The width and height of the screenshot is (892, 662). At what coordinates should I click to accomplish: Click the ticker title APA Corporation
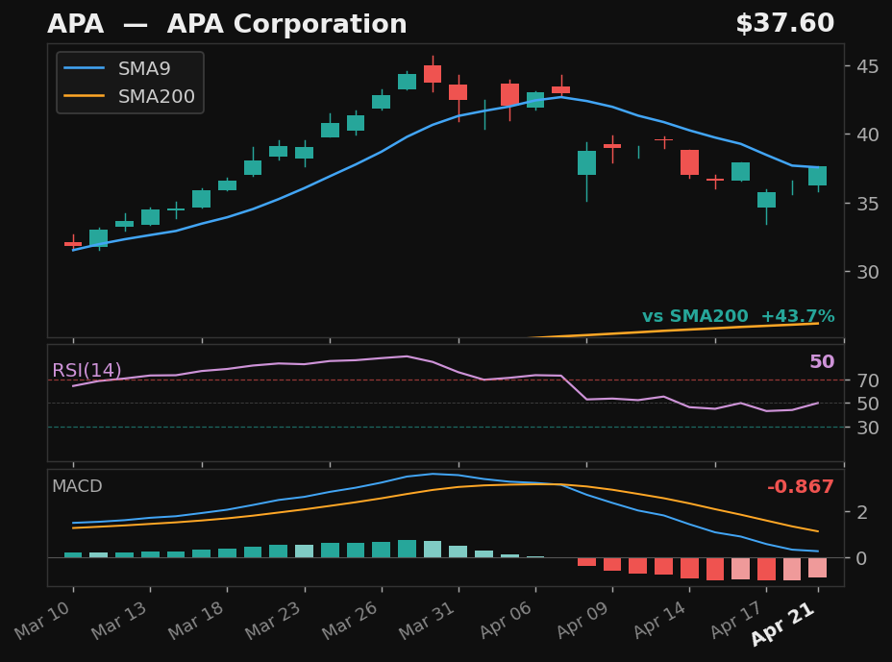227,25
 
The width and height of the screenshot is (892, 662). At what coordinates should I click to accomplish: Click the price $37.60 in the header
784,24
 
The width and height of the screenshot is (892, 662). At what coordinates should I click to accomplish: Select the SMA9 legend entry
144,68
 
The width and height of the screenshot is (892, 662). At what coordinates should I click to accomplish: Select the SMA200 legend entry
156,97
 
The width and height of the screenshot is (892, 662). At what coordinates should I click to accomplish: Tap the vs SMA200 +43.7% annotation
737,316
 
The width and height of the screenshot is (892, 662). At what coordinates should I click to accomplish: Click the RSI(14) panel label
87,371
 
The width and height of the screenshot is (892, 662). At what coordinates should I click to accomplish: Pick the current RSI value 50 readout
821,362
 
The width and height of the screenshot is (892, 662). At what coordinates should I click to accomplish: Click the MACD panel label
77,487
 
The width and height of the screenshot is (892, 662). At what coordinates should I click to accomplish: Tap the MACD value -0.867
800,487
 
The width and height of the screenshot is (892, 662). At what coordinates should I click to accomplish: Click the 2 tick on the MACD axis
861,512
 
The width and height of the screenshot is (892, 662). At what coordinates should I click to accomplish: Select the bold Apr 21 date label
784,625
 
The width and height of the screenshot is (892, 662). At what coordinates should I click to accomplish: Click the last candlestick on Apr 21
817,176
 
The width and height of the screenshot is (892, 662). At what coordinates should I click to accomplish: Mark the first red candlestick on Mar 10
73,244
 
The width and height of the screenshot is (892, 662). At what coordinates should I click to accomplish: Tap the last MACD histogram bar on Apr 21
817,567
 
